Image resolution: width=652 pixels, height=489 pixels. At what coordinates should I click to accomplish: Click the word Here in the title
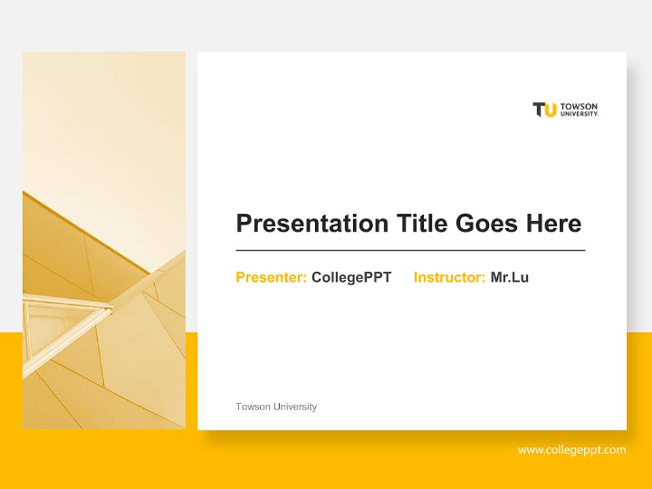(554, 223)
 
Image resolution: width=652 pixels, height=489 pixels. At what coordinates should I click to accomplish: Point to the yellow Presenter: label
(271, 277)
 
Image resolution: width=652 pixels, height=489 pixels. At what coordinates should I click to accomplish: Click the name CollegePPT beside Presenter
(351, 277)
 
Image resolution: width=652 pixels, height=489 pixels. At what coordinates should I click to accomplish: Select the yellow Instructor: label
(449, 277)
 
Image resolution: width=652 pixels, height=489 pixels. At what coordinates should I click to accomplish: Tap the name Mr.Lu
(509, 277)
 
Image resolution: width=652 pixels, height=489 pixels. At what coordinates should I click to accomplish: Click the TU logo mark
(545, 110)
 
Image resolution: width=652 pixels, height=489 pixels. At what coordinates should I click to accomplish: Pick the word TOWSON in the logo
(579, 107)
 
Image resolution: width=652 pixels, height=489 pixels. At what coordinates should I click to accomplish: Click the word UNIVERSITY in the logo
(579, 114)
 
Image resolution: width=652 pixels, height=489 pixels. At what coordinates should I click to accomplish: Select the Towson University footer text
(276, 407)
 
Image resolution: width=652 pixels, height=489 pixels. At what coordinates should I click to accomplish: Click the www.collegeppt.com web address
(571, 450)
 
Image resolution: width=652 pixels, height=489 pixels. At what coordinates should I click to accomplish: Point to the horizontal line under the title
(410, 251)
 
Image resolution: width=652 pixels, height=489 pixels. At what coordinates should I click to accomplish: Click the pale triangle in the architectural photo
(58, 326)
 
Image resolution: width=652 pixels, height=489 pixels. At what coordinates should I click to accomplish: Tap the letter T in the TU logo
(539, 109)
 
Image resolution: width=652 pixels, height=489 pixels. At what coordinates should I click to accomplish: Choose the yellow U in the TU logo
(550, 110)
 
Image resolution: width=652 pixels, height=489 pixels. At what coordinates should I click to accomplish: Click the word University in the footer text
(295, 407)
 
